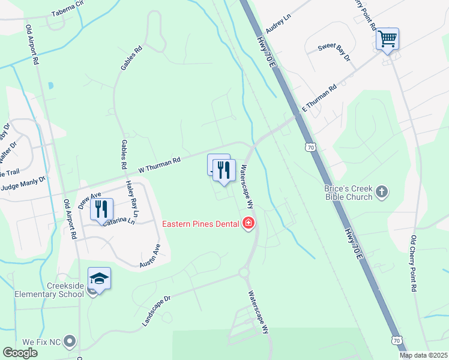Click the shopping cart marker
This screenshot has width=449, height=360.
coord(387,40)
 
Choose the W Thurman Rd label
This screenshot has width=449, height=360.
coord(159,166)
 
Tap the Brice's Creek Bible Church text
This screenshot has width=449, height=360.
coord(349,193)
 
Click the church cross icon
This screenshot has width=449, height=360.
coord(382,193)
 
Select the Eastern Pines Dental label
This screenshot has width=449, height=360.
coord(201,224)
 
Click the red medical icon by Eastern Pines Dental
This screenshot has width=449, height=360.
coord(248,224)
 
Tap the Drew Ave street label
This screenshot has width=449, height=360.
coord(90,198)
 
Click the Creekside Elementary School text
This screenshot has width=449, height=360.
coord(46,290)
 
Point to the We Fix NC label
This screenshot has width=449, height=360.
coord(42,342)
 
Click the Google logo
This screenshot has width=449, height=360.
coord(20,353)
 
